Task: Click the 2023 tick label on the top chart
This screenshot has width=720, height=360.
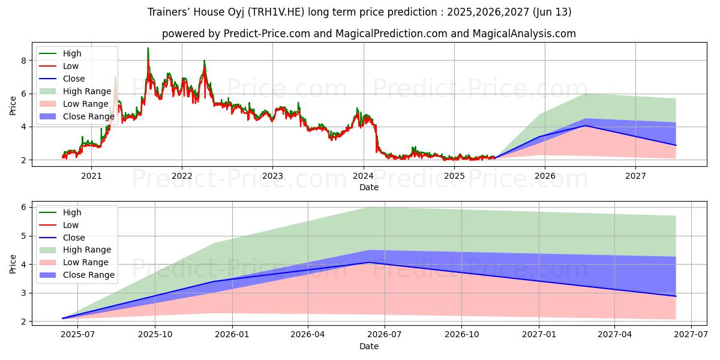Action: tap(272, 176)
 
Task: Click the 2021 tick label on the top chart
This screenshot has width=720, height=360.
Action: tap(91, 176)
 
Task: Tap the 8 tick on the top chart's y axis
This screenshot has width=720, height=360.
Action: tap(23, 61)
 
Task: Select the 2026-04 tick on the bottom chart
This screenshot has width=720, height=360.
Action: tap(308, 335)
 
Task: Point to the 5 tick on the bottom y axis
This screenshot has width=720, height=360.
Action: tap(23, 236)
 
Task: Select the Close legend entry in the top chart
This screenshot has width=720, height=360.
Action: tap(74, 79)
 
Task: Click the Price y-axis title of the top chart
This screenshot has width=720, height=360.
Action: tap(13, 106)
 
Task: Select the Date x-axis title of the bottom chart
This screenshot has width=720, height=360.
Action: tap(368, 346)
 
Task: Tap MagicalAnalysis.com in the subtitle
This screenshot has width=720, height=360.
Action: tap(524, 34)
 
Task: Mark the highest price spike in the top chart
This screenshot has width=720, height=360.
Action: tap(148, 48)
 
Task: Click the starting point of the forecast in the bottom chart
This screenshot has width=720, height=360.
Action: tap(63, 319)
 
